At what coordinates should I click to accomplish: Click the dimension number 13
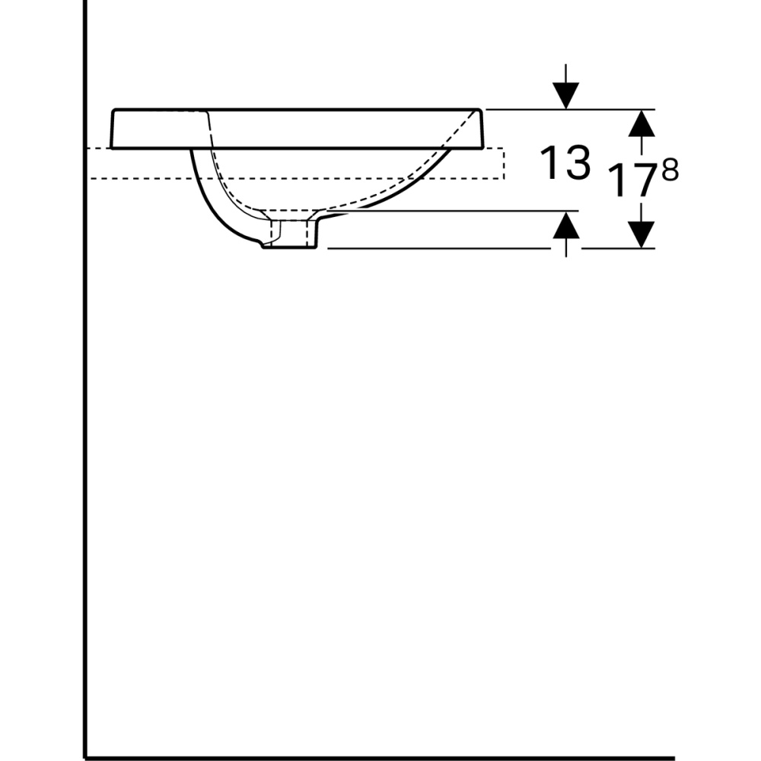pos(565,163)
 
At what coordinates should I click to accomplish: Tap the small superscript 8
pos(669,172)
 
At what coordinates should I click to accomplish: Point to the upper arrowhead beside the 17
pos(643,123)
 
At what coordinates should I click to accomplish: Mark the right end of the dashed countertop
pos(503,164)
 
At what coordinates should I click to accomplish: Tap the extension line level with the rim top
pos(533,110)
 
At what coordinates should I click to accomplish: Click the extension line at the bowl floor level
pos(457,211)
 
